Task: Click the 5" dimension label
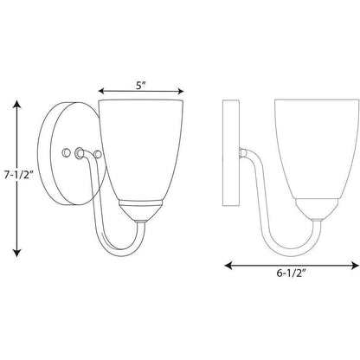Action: [140, 86]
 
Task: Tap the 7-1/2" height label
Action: [17, 175]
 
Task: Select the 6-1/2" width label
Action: [291, 273]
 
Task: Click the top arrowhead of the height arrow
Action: [17, 104]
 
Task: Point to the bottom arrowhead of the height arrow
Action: [17, 253]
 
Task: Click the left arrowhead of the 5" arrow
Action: [101, 91]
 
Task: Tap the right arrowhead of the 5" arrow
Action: [181, 92]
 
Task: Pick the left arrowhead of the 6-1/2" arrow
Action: [228, 265]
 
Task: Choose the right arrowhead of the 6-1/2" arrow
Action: [355, 265]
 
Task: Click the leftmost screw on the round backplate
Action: [67, 152]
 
